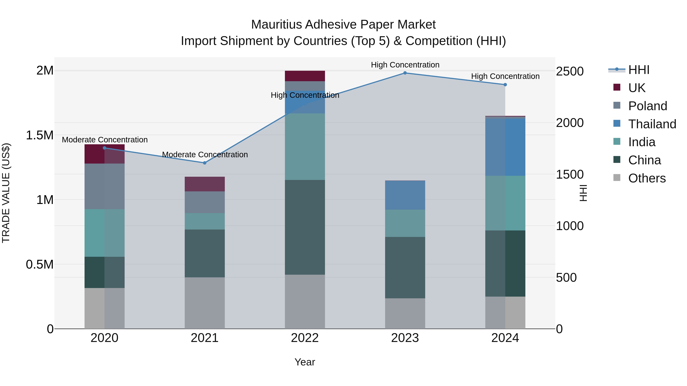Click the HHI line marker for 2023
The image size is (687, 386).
tap(405, 73)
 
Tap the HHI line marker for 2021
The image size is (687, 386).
tap(205, 163)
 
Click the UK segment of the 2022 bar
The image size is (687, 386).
tap(305, 76)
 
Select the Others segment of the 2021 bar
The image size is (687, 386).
tap(205, 303)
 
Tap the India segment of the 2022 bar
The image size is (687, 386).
tap(305, 147)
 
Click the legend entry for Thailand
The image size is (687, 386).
tap(652, 124)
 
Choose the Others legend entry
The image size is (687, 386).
tap(647, 178)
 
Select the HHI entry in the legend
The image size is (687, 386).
tap(639, 70)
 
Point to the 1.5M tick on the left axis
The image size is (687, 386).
tap(40, 135)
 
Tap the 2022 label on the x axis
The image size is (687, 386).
tap(305, 338)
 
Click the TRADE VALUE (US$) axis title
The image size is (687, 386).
tap(6, 193)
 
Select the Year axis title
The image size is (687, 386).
tap(305, 362)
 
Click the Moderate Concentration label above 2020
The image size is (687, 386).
tap(105, 140)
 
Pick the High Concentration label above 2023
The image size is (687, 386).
tap(405, 65)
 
